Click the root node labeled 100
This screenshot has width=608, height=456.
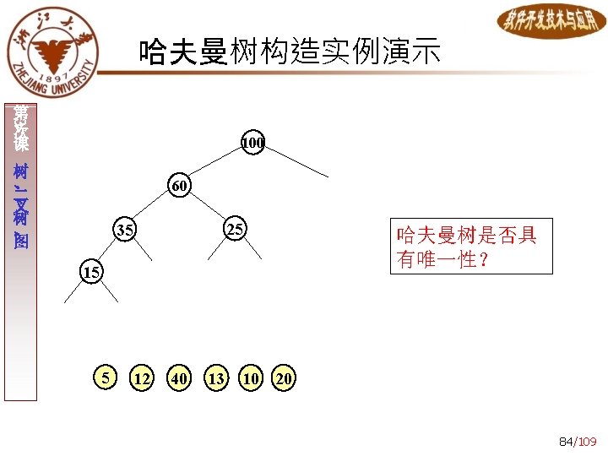pyautogui.click(x=252, y=144)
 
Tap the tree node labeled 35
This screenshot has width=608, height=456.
pyautogui.click(x=125, y=230)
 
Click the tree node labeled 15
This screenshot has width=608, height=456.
pyautogui.click(x=91, y=273)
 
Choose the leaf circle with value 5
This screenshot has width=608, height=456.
pyautogui.click(x=105, y=377)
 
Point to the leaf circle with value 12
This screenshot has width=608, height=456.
pyautogui.click(x=141, y=378)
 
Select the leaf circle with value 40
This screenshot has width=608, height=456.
pyautogui.click(x=178, y=378)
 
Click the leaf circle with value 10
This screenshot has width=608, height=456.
pyautogui.click(x=250, y=378)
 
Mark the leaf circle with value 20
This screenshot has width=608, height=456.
pyautogui.click(x=284, y=378)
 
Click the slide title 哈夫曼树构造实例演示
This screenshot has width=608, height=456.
pyautogui.click(x=290, y=52)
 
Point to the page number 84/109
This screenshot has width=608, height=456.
pyautogui.click(x=578, y=441)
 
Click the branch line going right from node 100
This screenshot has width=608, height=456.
pyautogui.click(x=296, y=160)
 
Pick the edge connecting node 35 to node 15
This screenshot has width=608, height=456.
pyautogui.click(x=108, y=252)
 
